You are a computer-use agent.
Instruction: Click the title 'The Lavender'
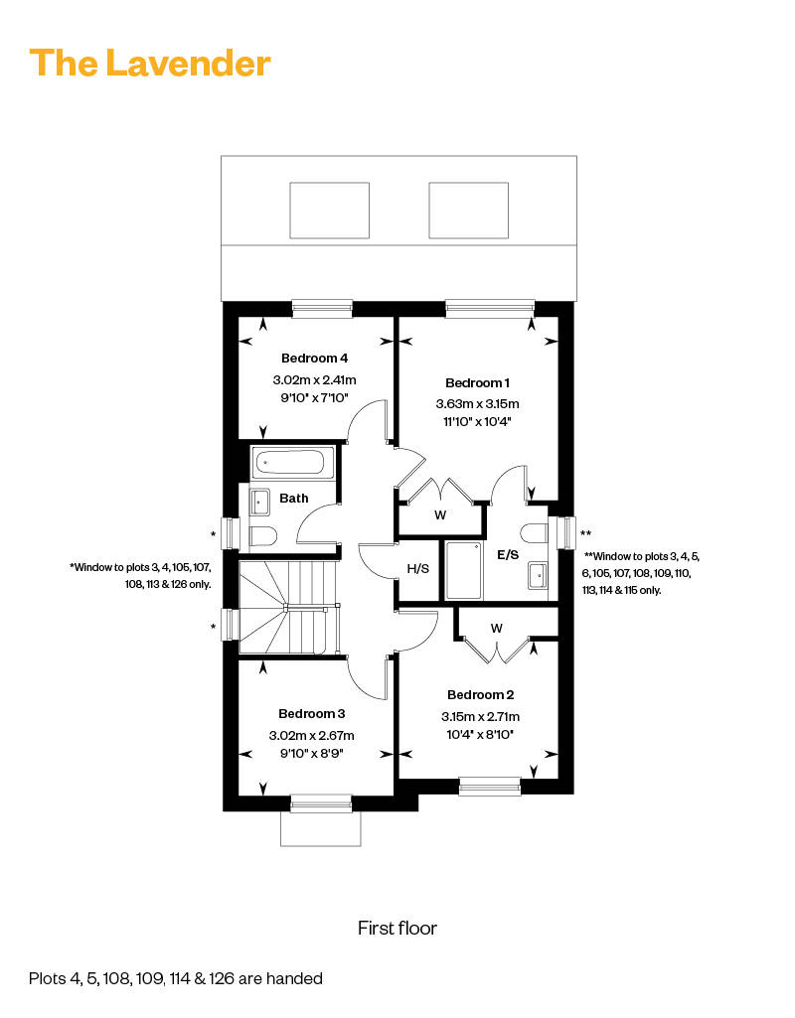pyautogui.click(x=150, y=64)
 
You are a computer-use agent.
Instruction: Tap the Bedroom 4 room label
pyautogui.click(x=314, y=358)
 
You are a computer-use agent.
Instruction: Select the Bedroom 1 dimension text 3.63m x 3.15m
pyautogui.click(x=477, y=404)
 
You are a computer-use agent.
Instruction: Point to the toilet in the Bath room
pyautogui.click(x=263, y=536)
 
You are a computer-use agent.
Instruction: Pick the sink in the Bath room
pyautogui.click(x=259, y=502)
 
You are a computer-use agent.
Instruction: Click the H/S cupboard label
pyautogui.click(x=417, y=569)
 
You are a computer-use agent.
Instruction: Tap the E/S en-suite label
pyautogui.click(x=508, y=554)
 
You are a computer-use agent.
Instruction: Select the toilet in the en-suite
pyautogui.click(x=536, y=532)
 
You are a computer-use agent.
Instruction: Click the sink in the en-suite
pyautogui.click(x=538, y=576)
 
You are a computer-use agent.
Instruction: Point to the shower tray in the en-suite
pyautogui.click(x=464, y=571)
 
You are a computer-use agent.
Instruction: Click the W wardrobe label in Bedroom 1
pyautogui.click(x=440, y=515)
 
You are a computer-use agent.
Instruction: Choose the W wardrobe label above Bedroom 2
pyautogui.click(x=496, y=629)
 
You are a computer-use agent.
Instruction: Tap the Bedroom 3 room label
pyautogui.click(x=312, y=713)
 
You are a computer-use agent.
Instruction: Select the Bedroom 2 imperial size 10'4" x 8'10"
pyautogui.click(x=480, y=734)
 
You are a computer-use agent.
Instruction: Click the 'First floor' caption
pyautogui.click(x=397, y=928)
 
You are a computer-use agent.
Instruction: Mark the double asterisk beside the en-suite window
pyautogui.click(x=586, y=533)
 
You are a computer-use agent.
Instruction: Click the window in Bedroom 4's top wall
pyautogui.click(x=322, y=309)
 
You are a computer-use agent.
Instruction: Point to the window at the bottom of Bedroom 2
pyautogui.click(x=490, y=787)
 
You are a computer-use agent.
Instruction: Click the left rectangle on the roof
pyautogui.click(x=329, y=211)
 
